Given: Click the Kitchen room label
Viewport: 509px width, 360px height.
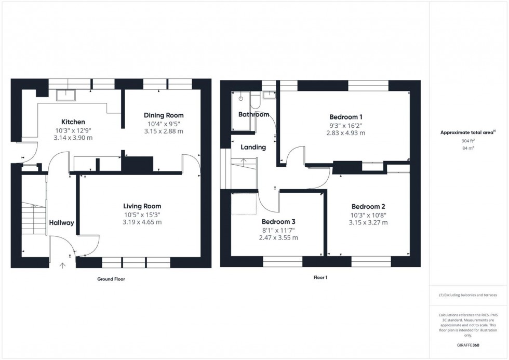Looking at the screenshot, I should tap(73, 122).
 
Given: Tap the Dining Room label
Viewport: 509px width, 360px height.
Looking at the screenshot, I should tap(164, 115).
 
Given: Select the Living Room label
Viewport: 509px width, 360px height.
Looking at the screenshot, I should tap(142, 206).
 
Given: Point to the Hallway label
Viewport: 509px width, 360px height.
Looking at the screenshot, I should tap(61, 223).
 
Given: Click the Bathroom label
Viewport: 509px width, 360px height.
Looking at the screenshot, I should tap(253, 114).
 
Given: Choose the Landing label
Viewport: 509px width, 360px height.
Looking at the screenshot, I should tap(254, 147).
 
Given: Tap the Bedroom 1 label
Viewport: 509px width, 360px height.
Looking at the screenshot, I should tap(345, 116).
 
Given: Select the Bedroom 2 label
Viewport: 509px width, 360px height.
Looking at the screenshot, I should tap(368, 206).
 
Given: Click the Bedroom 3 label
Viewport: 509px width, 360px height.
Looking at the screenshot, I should tap(278, 222).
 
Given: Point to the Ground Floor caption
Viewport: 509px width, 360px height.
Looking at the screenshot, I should tap(111, 279).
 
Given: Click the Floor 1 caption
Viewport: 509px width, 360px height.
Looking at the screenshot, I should tap(320, 277).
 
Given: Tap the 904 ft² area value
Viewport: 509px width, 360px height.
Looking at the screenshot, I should tap(469, 141).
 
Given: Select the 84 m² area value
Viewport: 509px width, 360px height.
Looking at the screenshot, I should tap(469, 148).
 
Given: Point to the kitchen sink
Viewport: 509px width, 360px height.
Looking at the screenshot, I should tap(66, 94).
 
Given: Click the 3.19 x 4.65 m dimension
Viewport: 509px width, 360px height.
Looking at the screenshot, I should tap(142, 222).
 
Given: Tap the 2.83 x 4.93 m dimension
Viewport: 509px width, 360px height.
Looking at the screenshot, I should tap(345, 133).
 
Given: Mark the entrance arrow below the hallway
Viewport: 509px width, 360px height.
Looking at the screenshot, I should tap(63, 265).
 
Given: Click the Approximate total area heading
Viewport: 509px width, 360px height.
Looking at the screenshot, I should tap(468, 132).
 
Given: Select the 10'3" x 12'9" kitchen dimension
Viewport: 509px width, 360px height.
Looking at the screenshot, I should tap(73, 130).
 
